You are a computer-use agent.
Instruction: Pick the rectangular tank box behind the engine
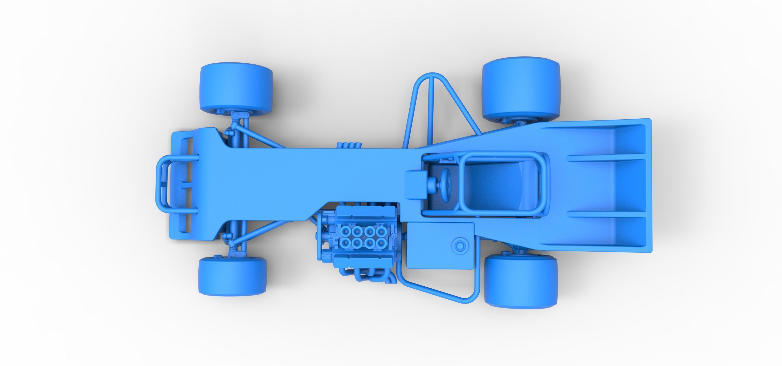[x=440, y=246]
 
